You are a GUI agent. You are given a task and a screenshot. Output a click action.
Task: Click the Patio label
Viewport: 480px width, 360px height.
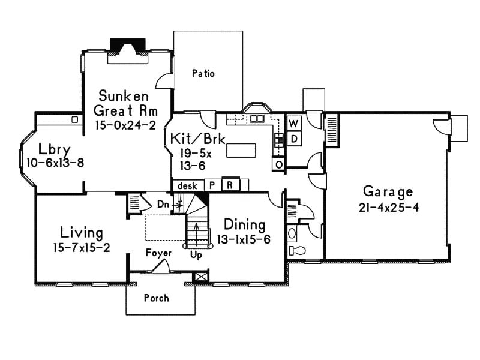click(x=203, y=74)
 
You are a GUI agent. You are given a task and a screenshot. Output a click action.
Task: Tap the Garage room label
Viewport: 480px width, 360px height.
click(x=388, y=192)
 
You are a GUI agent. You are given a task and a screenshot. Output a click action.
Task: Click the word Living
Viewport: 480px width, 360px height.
click(x=81, y=232)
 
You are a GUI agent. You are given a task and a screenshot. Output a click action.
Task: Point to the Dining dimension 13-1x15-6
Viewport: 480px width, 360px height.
click(x=244, y=239)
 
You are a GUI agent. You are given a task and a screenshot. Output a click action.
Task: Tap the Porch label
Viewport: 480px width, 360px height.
click(x=157, y=298)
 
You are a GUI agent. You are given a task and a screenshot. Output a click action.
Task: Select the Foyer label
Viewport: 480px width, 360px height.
click(x=158, y=253)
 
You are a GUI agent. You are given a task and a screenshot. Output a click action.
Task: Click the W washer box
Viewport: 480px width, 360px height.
click(x=294, y=124)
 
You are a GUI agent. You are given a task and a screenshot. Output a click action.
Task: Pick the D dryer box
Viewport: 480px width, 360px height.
click(x=294, y=139)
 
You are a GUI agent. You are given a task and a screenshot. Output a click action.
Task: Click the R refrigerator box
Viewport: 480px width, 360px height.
click(x=229, y=185)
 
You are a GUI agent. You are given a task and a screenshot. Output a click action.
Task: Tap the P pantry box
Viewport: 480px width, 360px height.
click(x=212, y=185)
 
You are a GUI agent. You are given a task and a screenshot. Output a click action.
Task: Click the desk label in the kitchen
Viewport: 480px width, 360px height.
click(x=187, y=186)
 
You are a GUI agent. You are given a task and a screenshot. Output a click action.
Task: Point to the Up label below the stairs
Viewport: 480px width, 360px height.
click(x=196, y=254)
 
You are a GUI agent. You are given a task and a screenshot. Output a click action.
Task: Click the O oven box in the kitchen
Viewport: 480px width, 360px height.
click(x=279, y=164)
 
